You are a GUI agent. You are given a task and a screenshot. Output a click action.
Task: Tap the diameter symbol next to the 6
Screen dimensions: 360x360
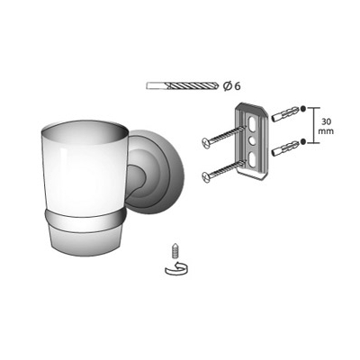pos(228,86)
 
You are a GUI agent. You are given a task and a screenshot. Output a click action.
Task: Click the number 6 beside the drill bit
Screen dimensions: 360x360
pos(237,86)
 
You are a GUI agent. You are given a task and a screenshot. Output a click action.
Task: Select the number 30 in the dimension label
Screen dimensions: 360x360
pos(327,121)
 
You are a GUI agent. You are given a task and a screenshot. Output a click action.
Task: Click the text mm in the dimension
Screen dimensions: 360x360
pos(327,131)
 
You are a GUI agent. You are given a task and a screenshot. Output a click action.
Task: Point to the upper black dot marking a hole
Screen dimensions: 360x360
pos(303,109)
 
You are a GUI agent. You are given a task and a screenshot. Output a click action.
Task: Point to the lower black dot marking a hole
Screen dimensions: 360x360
pos(303,141)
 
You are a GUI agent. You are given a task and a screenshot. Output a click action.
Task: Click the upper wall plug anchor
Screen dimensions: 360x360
pos(285,114)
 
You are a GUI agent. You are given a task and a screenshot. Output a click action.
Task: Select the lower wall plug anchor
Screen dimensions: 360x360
pos(285,148)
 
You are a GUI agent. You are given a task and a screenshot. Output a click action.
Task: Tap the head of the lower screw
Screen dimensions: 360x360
pos(206,176)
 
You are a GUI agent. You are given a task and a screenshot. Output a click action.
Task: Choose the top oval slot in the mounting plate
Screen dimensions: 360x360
pos(252,123)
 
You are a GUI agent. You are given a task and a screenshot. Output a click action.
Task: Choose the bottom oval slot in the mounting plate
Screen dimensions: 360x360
pos(253,157)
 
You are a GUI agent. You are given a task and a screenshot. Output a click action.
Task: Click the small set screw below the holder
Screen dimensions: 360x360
pos(174,250)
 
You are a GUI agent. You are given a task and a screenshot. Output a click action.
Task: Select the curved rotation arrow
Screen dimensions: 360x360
pos(176,268)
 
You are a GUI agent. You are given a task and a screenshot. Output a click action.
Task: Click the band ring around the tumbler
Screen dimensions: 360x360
pos(85,220)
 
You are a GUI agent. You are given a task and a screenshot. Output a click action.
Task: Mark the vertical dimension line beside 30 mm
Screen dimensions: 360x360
pos(314,125)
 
